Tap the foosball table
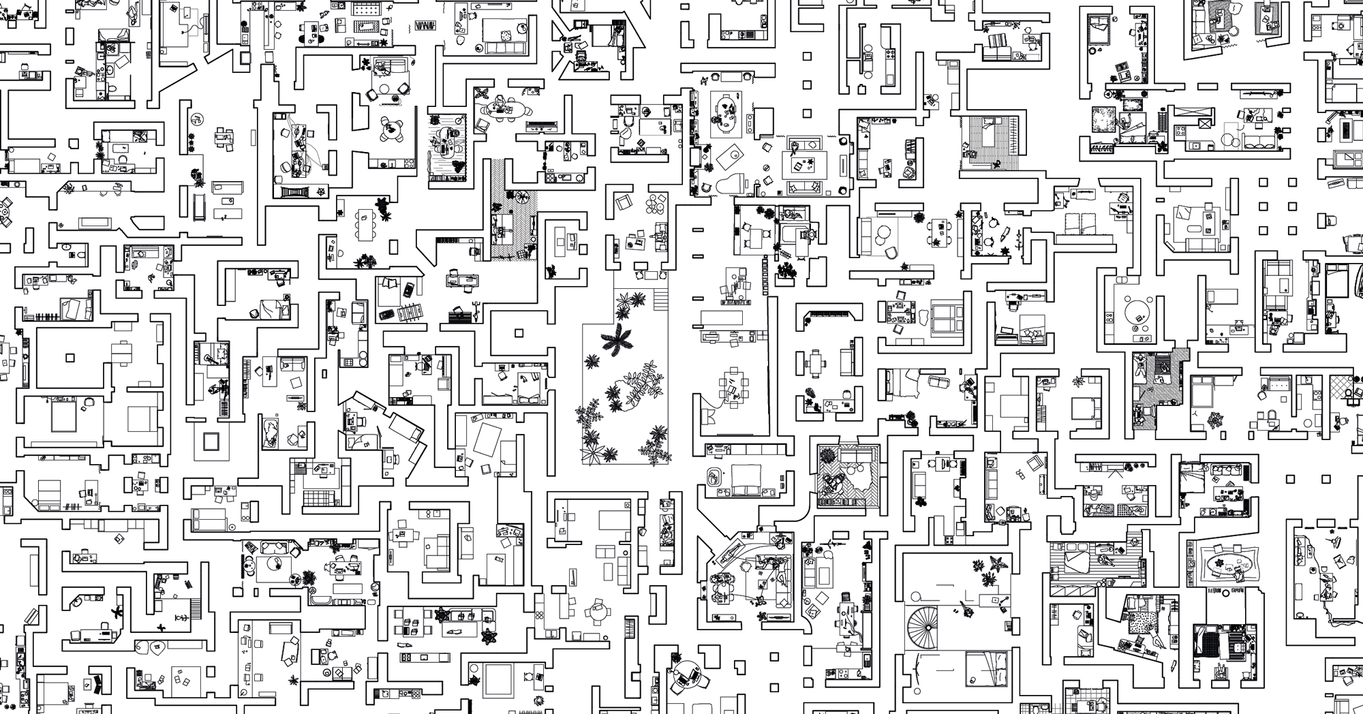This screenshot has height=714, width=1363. point(409,314)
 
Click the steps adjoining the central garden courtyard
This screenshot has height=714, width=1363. point(660,298)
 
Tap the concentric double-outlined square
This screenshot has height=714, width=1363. point(211,442)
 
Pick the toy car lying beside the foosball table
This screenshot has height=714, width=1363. point(386,315)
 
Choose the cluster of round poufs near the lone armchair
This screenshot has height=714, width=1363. point(657,204)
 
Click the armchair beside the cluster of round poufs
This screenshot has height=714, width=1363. point(624,202)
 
